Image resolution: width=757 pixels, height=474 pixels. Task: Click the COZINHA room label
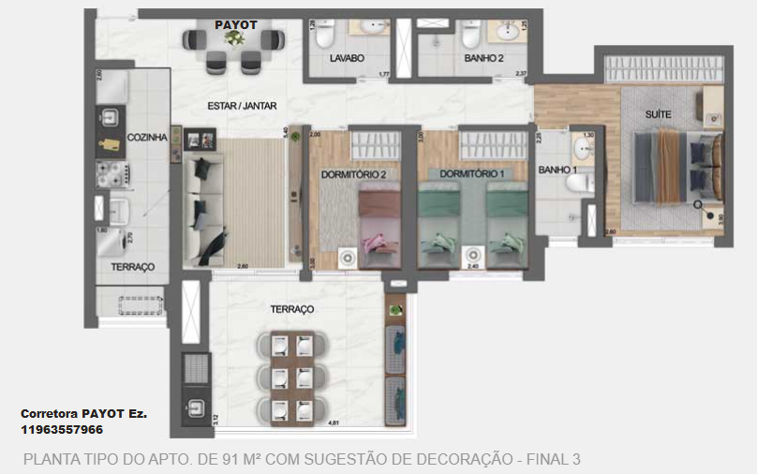pos(147,138)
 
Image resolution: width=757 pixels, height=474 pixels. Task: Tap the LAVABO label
pos(347,59)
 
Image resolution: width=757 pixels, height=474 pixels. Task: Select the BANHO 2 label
pos(483,59)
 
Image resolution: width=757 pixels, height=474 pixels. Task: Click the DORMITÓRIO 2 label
pos(353,173)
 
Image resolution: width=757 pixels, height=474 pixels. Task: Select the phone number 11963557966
pos(62,429)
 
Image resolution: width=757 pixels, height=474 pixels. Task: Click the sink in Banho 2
pos(509,34)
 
